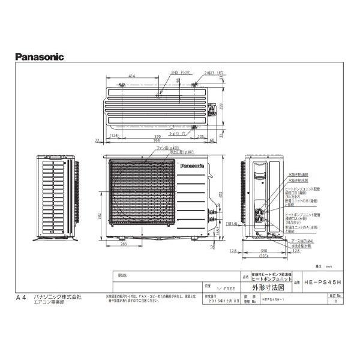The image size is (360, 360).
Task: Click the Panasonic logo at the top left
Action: click(38, 58)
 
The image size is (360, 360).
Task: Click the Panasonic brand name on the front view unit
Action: click(191, 163)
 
